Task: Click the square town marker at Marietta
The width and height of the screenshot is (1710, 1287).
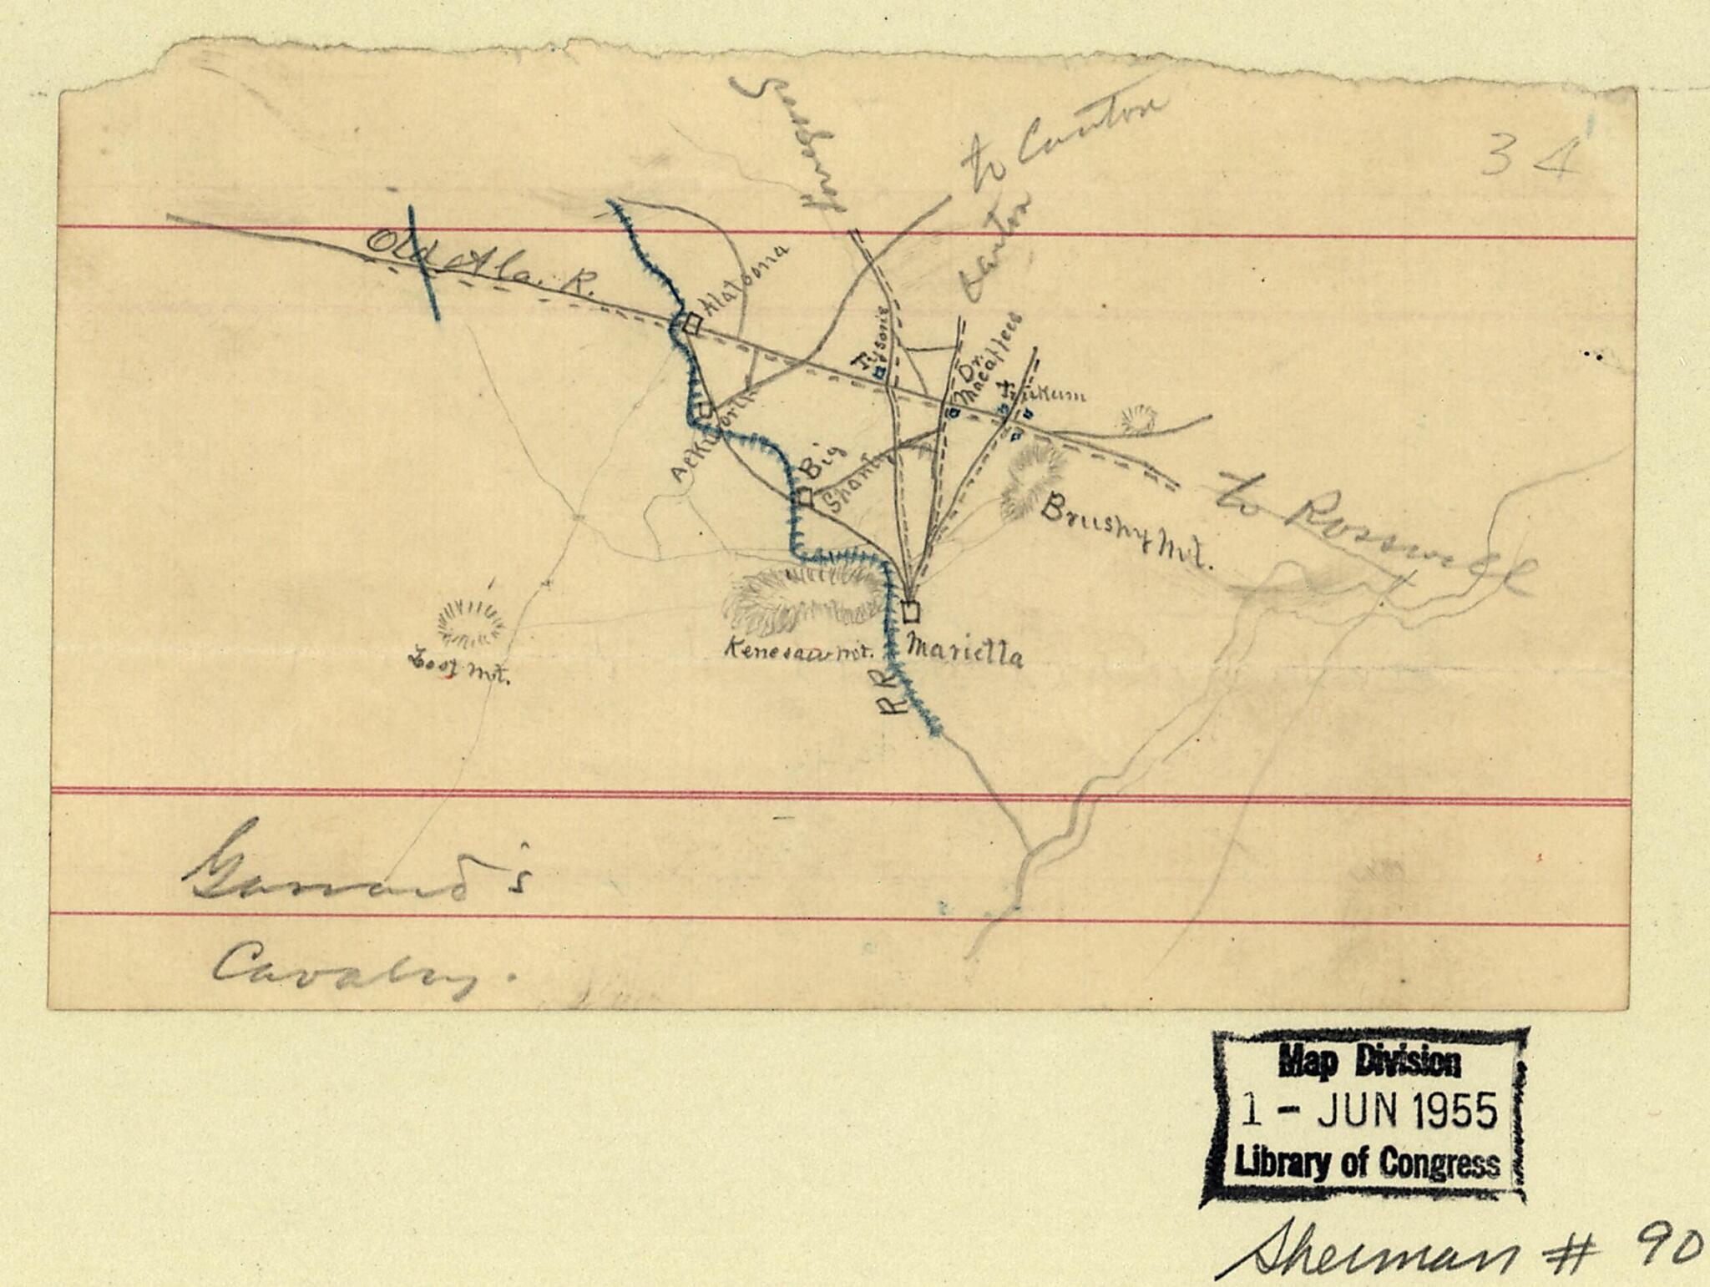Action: point(911,612)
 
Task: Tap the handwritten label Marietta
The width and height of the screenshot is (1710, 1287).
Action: point(965,652)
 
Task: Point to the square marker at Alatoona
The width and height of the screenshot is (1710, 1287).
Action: point(691,324)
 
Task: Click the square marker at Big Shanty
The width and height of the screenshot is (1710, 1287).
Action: point(804,497)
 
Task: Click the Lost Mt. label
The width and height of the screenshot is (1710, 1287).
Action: point(458,669)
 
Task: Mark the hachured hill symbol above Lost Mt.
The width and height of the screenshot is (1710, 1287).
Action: point(471,623)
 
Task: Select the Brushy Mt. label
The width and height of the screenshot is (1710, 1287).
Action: point(1124,532)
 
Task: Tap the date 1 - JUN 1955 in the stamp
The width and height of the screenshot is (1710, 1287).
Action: point(1369,1112)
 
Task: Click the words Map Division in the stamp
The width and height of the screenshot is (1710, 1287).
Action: point(1369,1063)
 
